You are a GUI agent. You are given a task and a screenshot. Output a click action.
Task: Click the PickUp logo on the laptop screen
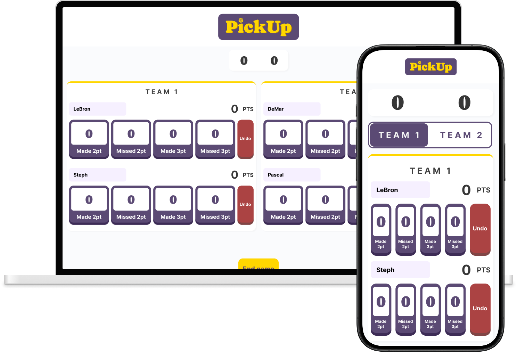(x=258, y=27)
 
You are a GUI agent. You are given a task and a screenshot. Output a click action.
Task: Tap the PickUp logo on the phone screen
(x=430, y=66)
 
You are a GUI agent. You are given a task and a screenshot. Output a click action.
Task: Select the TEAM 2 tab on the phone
(x=461, y=135)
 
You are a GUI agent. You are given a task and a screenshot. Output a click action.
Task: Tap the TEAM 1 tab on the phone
(x=399, y=135)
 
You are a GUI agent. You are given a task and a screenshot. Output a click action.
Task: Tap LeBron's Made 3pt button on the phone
(x=430, y=229)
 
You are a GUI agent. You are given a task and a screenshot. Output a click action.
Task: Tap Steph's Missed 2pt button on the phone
(x=405, y=309)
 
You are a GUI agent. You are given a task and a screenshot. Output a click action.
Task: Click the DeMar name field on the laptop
(x=292, y=109)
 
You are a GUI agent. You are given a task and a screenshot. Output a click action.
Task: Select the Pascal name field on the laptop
(x=292, y=175)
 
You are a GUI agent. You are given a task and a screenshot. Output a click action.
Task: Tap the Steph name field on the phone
(x=400, y=270)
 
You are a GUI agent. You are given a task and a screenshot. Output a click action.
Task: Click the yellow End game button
(x=258, y=265)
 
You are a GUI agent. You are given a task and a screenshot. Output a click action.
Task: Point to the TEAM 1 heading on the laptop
(x=162, y=92)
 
